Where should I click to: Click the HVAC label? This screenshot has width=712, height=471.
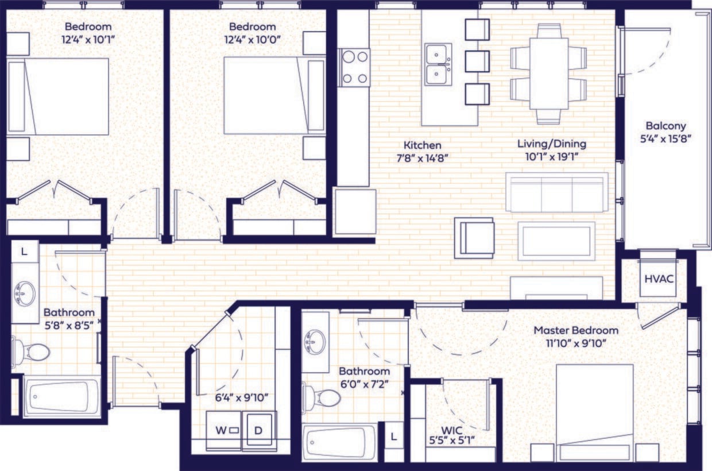[658, 279]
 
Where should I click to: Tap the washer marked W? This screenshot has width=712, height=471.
[224, 429]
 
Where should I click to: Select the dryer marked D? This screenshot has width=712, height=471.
[260, 429]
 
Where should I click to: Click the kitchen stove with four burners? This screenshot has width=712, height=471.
[354, 67]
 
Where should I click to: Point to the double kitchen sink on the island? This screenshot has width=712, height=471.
[438, 64]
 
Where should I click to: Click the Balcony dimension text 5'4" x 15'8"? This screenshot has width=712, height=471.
[665, 138]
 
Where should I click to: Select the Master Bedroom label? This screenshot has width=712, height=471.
[576, 330]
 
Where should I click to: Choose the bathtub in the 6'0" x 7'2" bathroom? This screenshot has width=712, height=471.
[340, 443]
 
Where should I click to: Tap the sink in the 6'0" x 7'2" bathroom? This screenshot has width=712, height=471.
[315, 342]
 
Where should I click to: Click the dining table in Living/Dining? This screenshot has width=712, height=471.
[548, 73]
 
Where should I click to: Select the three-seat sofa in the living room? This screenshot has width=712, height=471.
[556, 192]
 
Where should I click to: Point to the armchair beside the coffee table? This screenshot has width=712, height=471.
[474, 237]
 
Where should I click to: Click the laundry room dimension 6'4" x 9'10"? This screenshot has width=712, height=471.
[241, 397]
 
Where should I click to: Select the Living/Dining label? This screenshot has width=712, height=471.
[552, 144]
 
